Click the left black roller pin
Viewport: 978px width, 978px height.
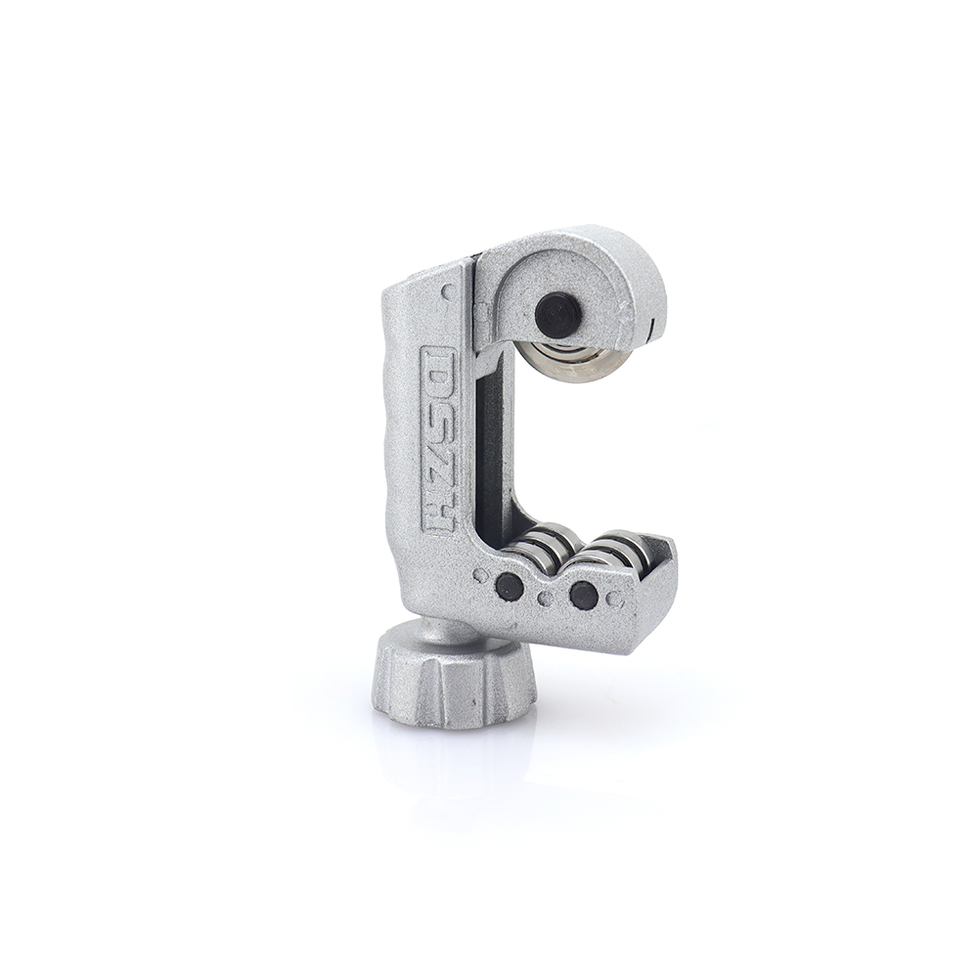(509, 586)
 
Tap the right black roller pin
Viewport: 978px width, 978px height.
(584, 595)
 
